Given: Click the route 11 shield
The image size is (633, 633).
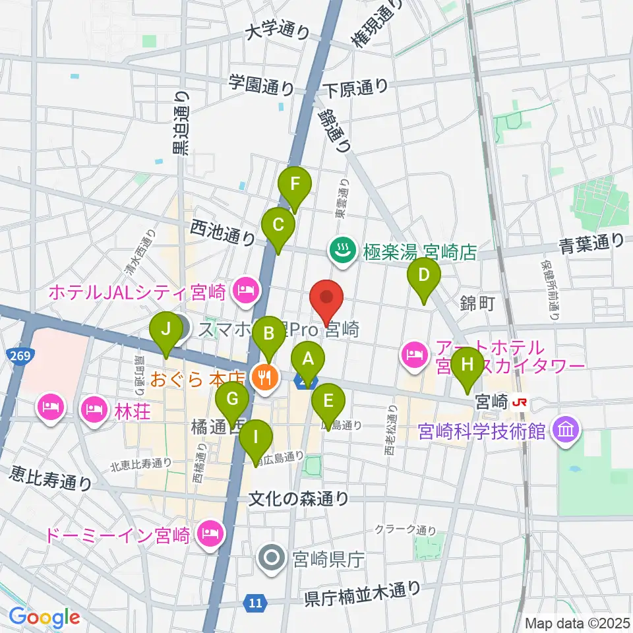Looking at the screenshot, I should point(256,601).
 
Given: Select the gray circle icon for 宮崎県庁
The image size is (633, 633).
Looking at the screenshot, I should point(271,559).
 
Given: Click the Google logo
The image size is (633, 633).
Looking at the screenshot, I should point(44,617).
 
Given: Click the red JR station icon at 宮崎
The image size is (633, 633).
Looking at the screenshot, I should point(520,400).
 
